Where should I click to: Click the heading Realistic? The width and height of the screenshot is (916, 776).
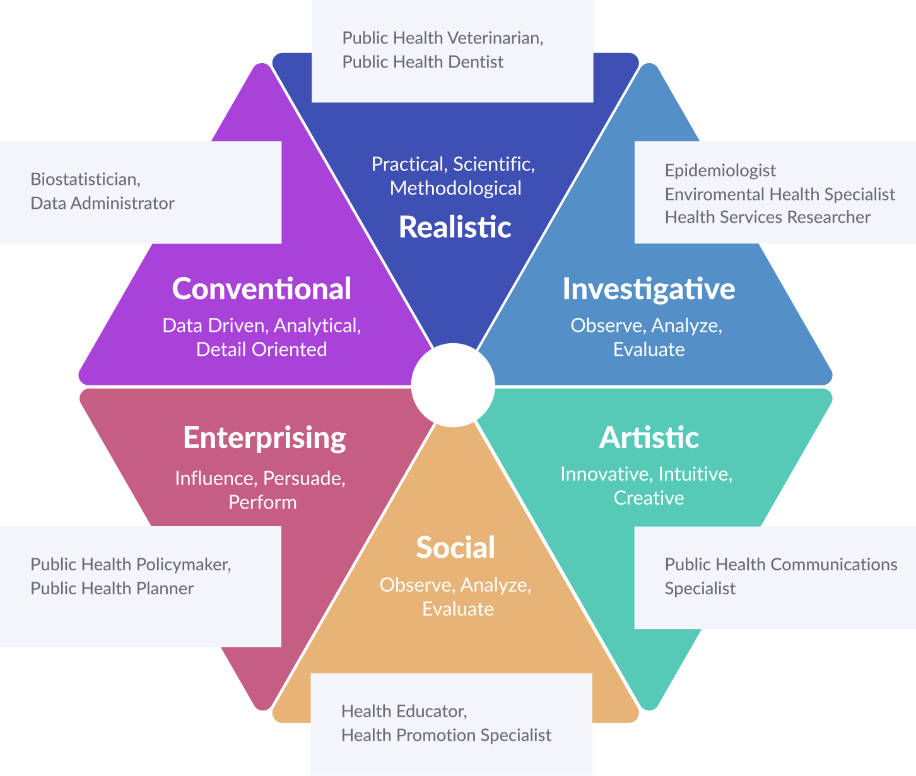tap(455, 227)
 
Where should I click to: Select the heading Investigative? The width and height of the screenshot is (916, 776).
tap(649, 289)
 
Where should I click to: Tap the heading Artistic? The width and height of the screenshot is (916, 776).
tap(649, 438)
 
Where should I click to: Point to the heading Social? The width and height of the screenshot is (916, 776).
tap(455, 548)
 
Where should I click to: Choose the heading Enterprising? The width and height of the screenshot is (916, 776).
tap(264, 438)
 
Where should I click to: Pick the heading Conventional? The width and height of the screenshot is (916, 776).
tap(262, 289)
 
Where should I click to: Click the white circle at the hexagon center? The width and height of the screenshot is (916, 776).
tap(453, 385)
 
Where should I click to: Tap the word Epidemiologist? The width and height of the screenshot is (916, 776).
tap(720, 170)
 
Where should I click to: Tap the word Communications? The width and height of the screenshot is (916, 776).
tap(834, 564)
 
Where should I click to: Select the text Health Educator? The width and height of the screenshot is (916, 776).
tap(404, 711)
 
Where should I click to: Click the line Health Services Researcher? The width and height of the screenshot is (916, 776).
tap(767, 217)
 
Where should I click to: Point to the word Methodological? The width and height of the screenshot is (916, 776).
tap(455, 188)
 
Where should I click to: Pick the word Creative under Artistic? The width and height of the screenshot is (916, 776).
tap(649, 498)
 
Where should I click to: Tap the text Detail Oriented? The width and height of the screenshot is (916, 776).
tap(261, 350)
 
